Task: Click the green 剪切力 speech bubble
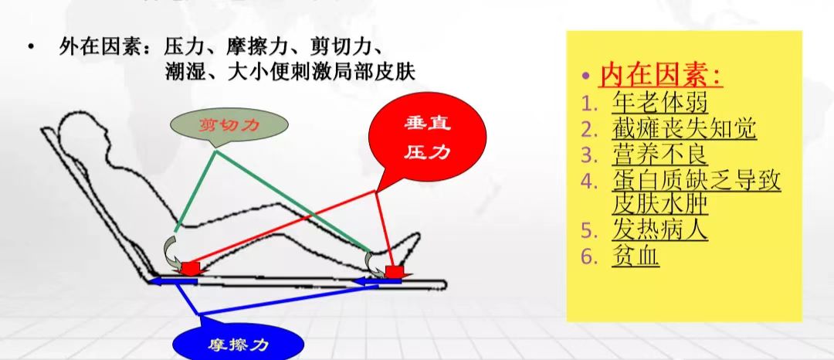point(229,124)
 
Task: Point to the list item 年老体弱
point(659,103)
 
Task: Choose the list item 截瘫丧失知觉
point(683,128)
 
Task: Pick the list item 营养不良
point(659,155)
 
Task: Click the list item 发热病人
point(659,230)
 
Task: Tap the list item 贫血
point(636,256)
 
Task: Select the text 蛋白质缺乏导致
point(697,181)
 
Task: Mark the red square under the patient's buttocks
point(191,267)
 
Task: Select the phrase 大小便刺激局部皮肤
point(320,71)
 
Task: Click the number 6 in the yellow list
point(587,256)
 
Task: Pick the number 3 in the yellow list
point(587,155)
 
